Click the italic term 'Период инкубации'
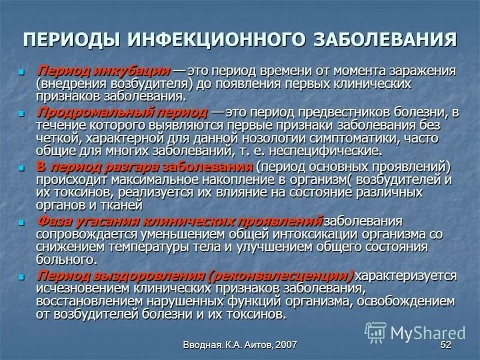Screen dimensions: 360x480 103,70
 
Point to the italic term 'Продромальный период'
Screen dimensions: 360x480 121,113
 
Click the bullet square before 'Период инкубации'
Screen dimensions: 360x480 23,71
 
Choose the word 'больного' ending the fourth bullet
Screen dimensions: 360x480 66,260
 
